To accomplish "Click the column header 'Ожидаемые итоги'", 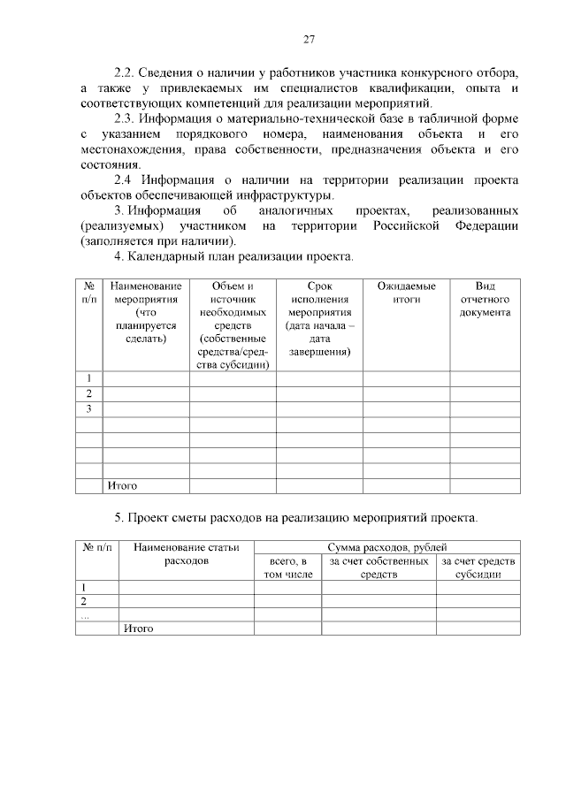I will click(407, 293).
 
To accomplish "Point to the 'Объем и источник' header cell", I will click(233, 324).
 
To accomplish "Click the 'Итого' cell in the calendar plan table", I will click(122, 485).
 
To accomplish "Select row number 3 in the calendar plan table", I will click(89, 409).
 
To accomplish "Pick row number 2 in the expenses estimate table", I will click(83, 601).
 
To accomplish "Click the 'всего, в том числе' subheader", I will click(287, 568).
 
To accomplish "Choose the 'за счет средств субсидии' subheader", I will click(478, 568).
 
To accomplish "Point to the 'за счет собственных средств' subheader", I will click(379, 568).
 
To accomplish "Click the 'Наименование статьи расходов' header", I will click(187, 554).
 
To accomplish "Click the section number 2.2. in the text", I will click(127, 72).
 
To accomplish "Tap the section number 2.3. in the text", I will click(127, 118).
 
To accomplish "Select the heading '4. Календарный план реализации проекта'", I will click(233, 257).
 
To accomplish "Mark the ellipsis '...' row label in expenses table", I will click(85, 615).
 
